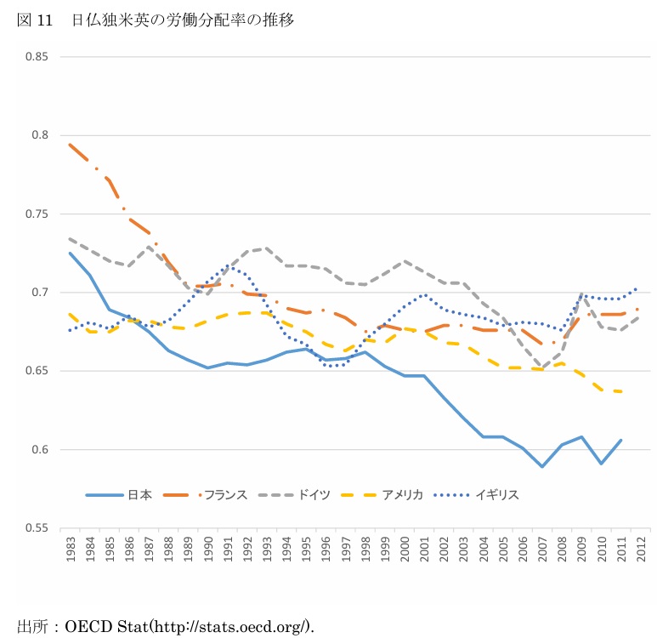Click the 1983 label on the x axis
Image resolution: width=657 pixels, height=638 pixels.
70,550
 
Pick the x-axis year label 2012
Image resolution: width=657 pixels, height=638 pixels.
643,550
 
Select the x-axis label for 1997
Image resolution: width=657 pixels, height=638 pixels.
347,550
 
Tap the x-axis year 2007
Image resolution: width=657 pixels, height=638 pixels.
545,550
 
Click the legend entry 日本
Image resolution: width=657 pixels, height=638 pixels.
139,494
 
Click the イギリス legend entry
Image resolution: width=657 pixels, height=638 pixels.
497,494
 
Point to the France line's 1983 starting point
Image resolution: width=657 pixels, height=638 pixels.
70,145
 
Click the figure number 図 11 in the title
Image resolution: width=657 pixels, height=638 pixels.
35,20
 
